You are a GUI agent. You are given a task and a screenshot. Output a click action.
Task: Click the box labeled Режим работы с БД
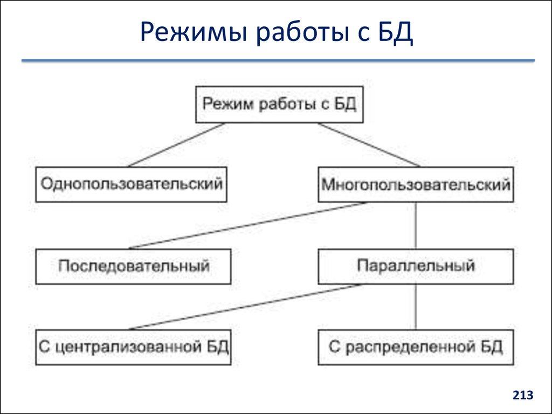click(279, 103)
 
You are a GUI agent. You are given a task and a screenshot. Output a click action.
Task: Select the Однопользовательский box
click(131, 184)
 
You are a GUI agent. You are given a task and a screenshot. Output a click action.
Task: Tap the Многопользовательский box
click(416, 185)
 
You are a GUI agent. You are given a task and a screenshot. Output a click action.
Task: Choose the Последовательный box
click(133, 266)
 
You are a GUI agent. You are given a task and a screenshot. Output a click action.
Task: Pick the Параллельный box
click(416, 266)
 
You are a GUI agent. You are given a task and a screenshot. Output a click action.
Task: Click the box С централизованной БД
click(133, 347)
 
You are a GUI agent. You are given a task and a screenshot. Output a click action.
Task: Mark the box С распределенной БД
click(416, 347)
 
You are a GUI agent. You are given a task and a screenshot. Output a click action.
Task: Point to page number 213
click(522, 396)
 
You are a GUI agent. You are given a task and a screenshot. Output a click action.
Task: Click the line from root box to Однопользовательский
click(176, 144)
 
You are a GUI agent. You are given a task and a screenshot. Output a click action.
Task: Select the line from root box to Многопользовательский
click(369, 144)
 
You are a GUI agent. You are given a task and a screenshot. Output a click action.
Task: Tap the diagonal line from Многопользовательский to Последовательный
click(248, 225)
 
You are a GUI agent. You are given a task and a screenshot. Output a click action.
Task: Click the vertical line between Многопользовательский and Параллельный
click(416, 225)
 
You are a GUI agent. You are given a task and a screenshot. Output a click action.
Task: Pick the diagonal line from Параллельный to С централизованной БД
click(245, 307)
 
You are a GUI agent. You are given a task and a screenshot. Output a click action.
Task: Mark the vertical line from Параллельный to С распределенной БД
click(416, 307)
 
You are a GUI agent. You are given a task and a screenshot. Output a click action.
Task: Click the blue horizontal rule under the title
click(278, 61)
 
